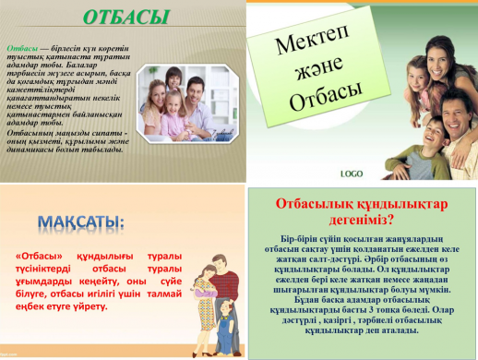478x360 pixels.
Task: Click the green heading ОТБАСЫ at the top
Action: click(x=126, y=18)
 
